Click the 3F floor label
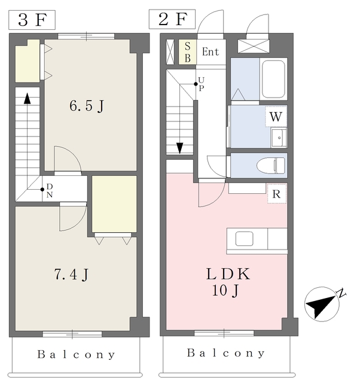32,20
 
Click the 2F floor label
172,19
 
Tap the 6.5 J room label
87,106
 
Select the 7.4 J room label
71,274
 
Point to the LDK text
228,274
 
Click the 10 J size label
225,291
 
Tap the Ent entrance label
210,52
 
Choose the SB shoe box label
187,52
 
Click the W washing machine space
276,116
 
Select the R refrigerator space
277,194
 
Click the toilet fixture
271,165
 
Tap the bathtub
273,79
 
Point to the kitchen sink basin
244,238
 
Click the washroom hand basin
279,138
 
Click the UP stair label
202,84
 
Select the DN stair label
49,190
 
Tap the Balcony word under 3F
76,354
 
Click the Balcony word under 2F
226,353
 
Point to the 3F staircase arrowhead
27,98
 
